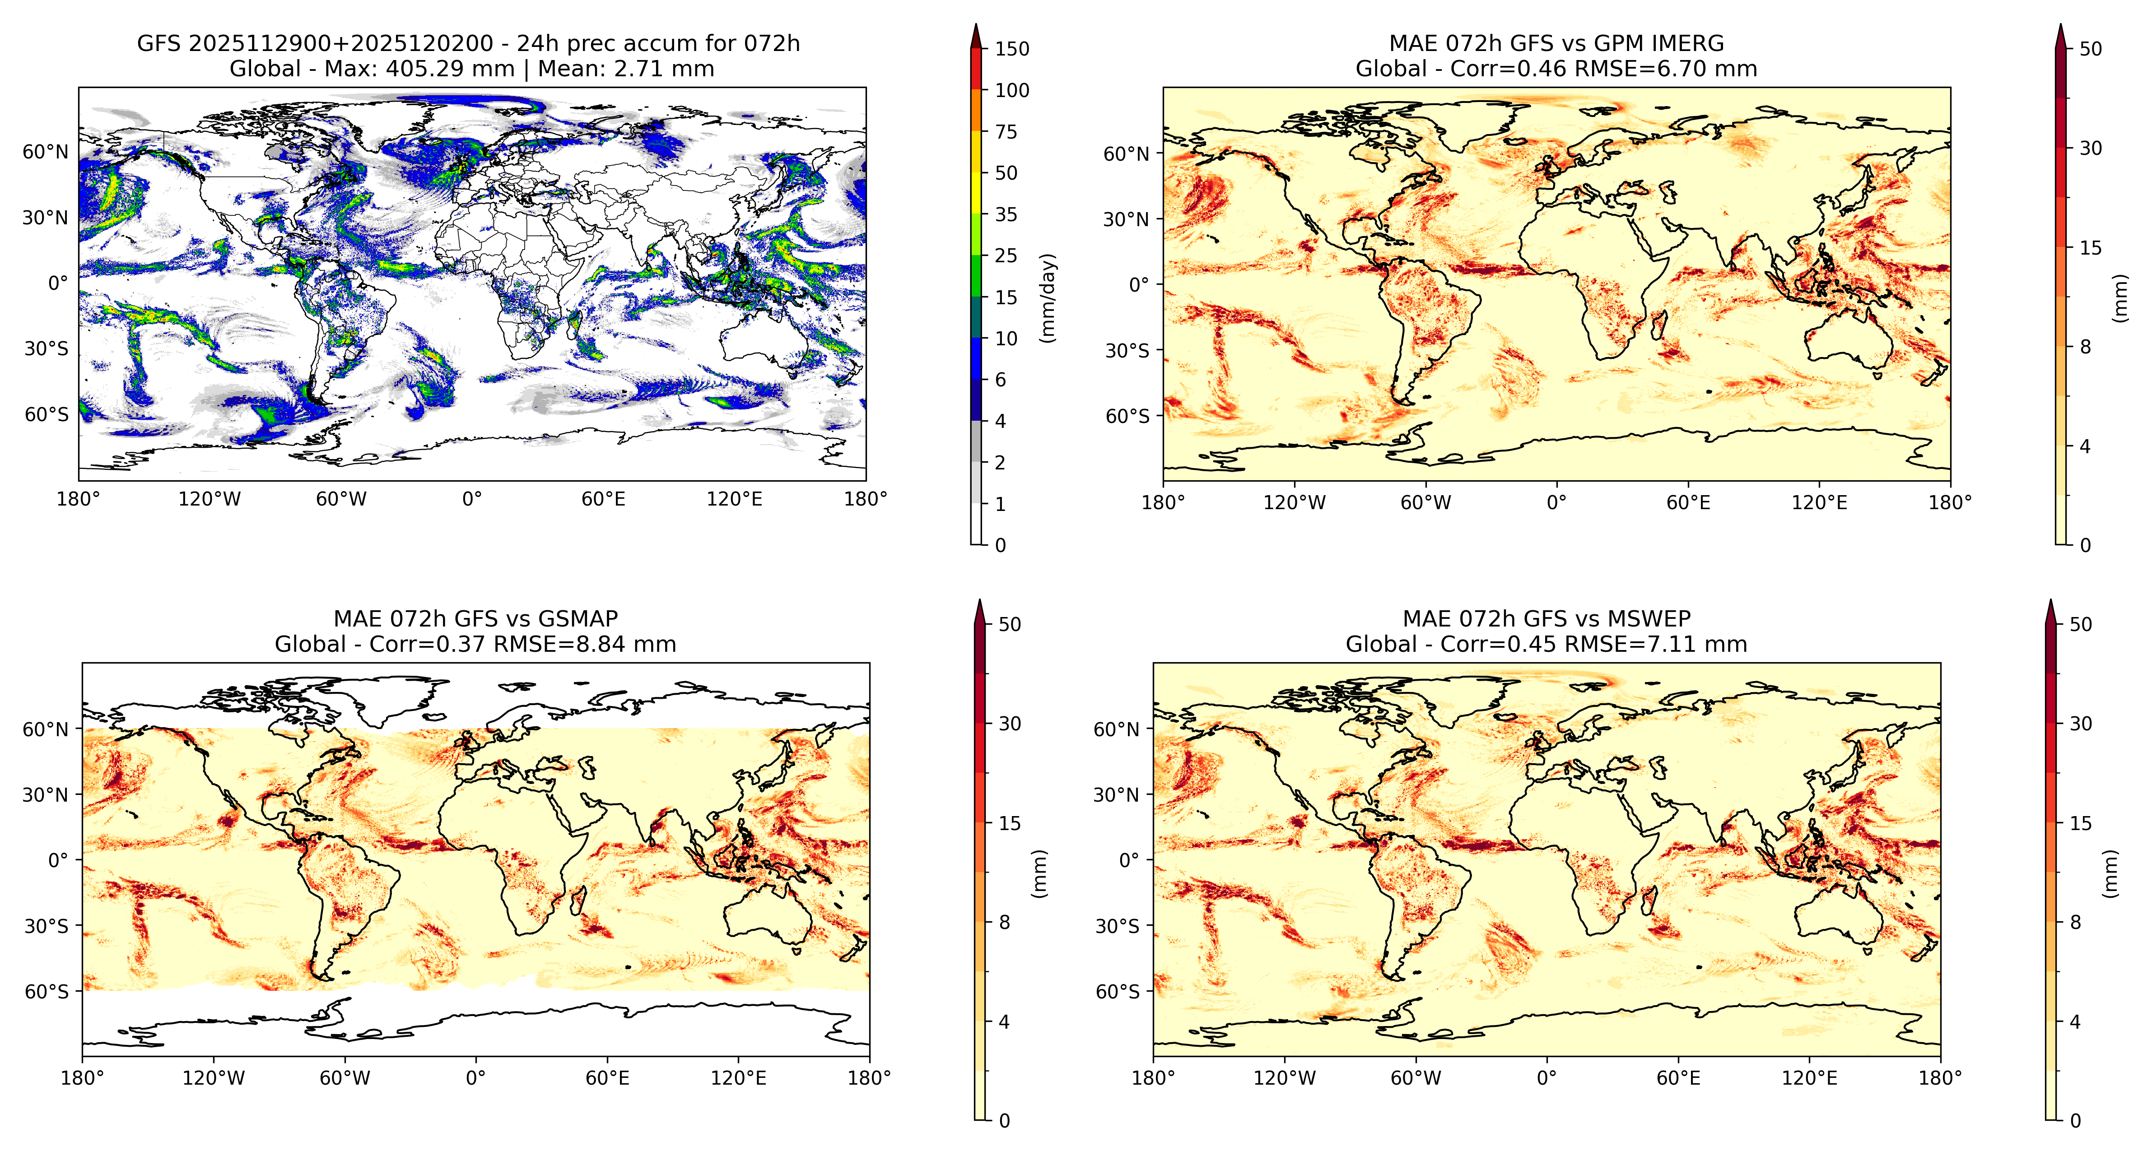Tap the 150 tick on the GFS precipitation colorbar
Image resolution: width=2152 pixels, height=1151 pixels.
coord(1012,48)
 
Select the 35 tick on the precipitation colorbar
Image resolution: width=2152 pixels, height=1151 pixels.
coord(1006,215)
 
